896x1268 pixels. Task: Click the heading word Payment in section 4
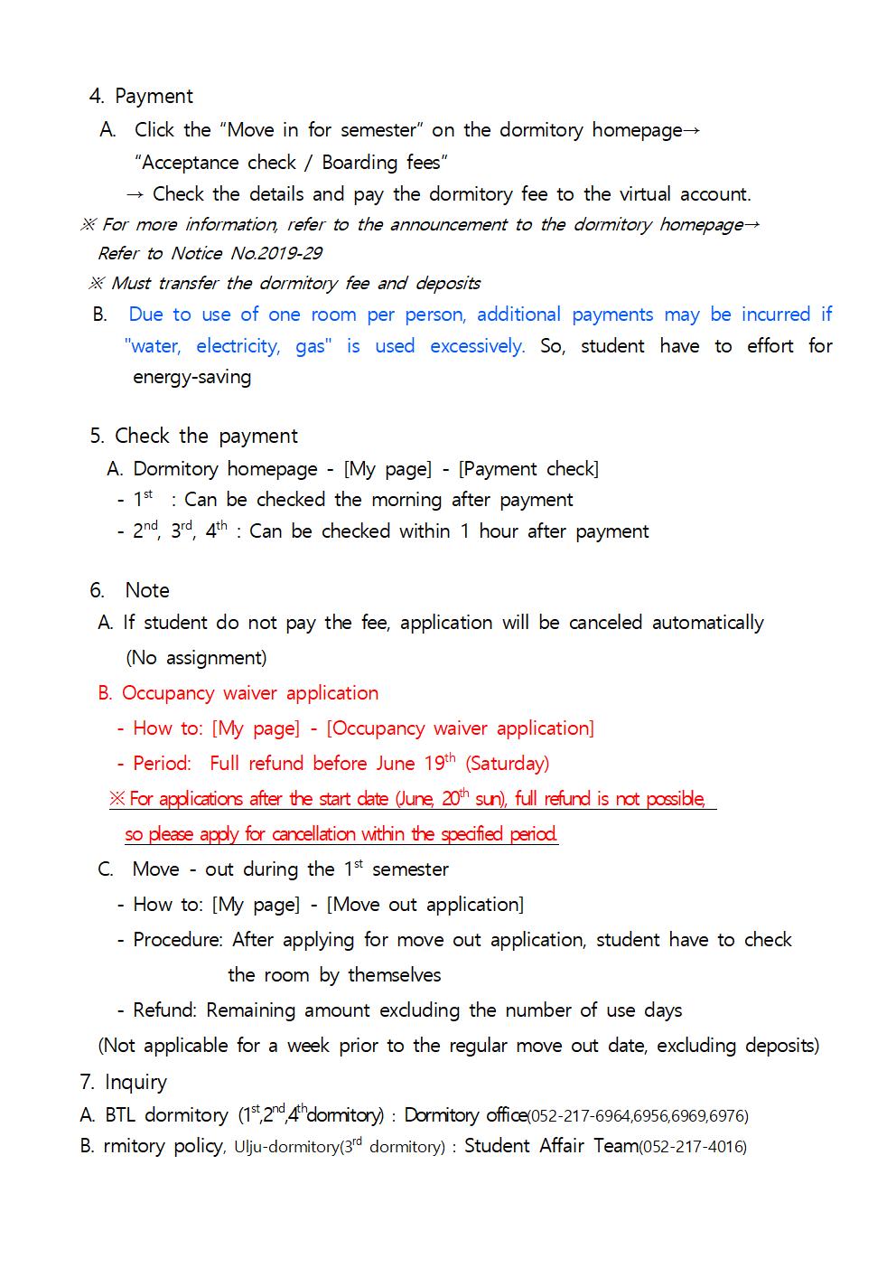coord(154,97)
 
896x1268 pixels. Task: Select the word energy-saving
coord(191,377)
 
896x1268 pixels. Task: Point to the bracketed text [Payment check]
coord(528,469)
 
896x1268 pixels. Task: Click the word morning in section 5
coord(406,500)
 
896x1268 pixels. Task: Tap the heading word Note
coord(147,591)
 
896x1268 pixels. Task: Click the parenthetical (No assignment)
coord(196,658)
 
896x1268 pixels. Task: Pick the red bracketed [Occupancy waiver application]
coord(460,728)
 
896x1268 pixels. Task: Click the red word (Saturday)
coord(507,764)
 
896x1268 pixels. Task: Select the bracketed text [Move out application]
coord(425,905)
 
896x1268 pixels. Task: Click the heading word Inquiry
coord(135,1083)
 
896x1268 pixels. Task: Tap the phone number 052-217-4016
coord(693,1147)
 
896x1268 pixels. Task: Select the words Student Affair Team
coord(551,1146)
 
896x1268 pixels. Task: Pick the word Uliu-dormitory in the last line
coord(286,1147)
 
